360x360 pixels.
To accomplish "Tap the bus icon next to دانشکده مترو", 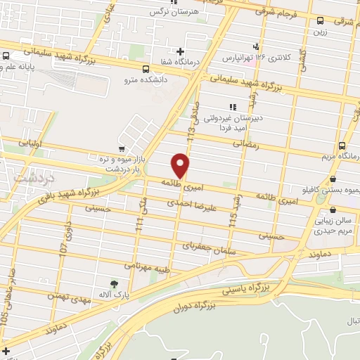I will [x=146, y=69].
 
